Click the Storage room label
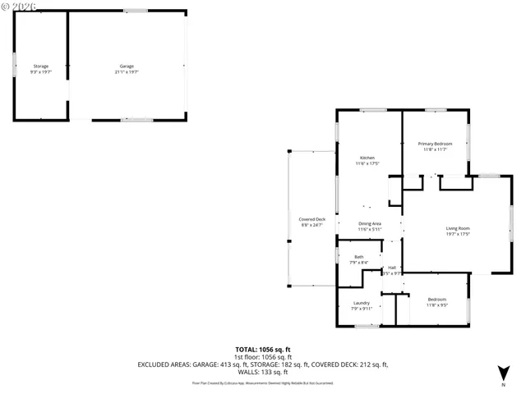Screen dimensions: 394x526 pos(40,66)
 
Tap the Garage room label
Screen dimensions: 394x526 pos(127,66)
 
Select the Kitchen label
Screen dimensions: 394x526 pos(367,158)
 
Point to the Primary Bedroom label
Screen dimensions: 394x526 pos(435,144)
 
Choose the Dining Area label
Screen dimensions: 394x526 pos(369,223)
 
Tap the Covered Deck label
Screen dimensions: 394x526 pos(311,219)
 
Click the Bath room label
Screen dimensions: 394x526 pos(358,257)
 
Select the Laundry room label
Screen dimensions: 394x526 pos(362,303)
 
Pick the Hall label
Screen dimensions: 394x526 pos(392,268)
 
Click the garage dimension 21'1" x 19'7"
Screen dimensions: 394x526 pos(127,71)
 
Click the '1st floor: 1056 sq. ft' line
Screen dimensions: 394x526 pos(262,357)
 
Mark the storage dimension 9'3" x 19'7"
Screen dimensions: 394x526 pos(40,71)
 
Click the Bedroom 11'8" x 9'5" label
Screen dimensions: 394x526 pos(436,302)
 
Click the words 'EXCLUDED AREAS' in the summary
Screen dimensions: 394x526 pos(164,364)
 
